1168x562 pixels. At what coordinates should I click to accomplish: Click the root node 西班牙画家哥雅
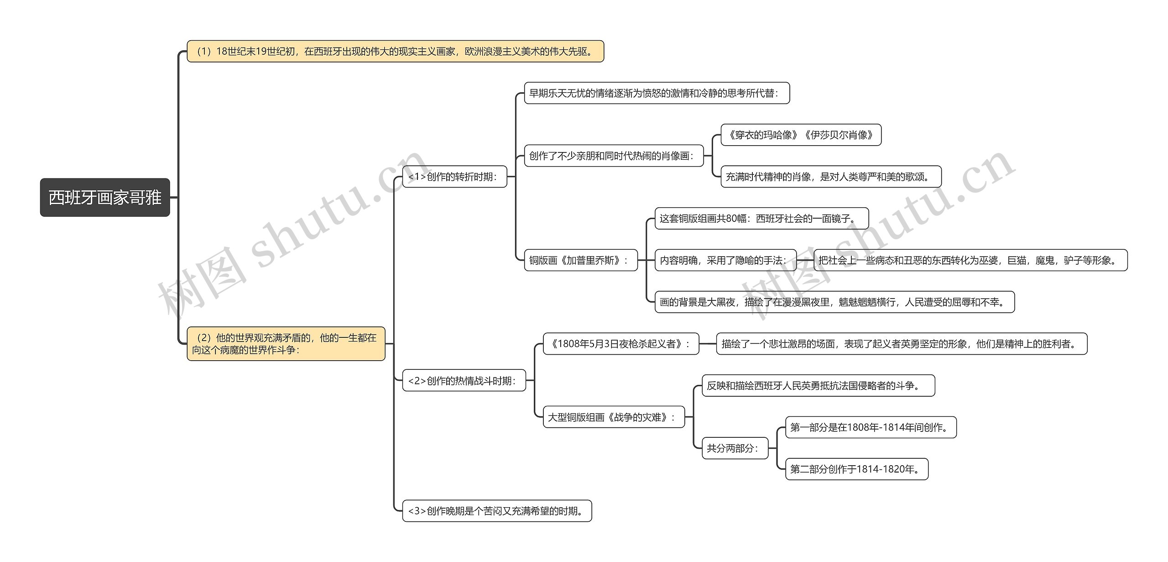[105, 198]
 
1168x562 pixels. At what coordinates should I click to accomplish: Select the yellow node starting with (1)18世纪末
[395, 51]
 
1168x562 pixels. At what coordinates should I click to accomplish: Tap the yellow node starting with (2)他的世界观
[286, 344]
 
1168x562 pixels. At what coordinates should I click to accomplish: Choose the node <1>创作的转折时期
[454, 177]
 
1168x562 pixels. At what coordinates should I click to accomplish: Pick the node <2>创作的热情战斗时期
[464, 381]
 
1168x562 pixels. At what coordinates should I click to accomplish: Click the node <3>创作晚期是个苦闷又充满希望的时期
[497, 511]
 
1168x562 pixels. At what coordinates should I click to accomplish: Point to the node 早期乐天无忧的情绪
[657, 93]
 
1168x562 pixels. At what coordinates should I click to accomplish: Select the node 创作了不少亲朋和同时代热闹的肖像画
[614, 156]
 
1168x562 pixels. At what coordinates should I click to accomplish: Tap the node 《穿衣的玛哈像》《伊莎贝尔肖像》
[801, 135]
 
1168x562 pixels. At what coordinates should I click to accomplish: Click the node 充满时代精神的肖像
[831, 177]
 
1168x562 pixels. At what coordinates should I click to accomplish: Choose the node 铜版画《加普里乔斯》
[581, 260]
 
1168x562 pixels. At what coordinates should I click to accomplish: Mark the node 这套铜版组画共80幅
[761, 219]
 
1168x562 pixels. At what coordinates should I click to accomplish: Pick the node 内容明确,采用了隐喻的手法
[725, 260]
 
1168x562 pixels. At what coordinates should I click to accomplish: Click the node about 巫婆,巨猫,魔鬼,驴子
[970, 260]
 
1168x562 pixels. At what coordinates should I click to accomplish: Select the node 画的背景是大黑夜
[834, 302]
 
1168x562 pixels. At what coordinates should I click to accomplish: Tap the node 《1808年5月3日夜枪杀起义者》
[621, 344]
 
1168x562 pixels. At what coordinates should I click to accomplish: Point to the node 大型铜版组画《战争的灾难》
[614, 417]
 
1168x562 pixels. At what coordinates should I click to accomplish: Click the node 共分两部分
[735, 448]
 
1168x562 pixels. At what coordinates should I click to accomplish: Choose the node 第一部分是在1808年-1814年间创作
[871, 428]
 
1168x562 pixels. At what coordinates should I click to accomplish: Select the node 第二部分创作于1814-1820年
[856, 469]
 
